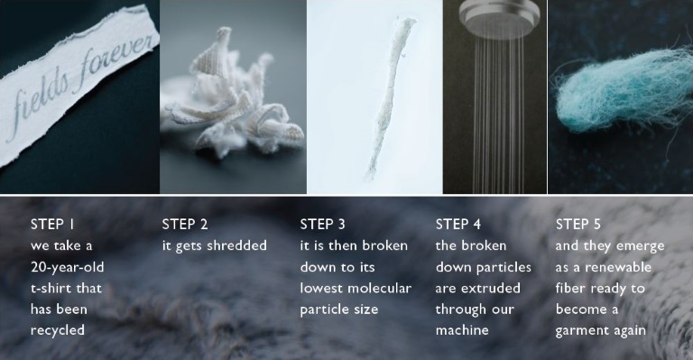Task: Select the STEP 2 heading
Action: (185, 225)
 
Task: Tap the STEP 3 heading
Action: (323, 225)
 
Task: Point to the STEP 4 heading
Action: (458, 225)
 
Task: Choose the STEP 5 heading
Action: (578, 225)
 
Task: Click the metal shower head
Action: (500, 18)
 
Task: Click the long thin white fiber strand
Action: (389, 97)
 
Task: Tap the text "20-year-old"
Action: (67, 267)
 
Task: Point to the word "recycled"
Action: (58, 331)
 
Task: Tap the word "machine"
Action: (462, 330)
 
